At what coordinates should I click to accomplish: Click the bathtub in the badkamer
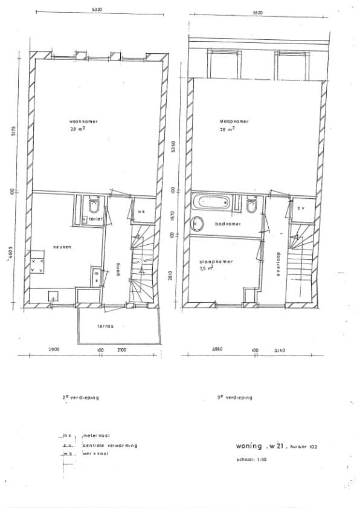pos(211,203)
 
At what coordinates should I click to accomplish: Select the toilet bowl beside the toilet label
pos(92,207)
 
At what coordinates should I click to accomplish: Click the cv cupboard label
pos(300,207)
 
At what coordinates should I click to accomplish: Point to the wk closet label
pos(141,212)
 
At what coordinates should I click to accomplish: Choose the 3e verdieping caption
pos(234,398)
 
